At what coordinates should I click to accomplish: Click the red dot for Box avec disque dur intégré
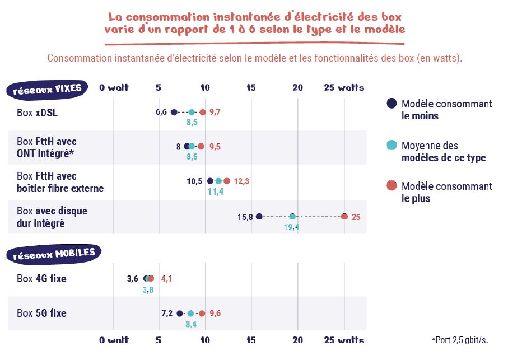(344, 217)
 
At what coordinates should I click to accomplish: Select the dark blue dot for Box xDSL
(174, 113)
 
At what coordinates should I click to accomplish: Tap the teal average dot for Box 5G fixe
(190, 314)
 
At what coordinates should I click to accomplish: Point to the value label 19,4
(292, 228)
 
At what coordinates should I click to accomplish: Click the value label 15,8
(245, 217)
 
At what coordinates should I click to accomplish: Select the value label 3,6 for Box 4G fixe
(132, 278)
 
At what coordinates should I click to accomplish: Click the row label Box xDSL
(38, 113)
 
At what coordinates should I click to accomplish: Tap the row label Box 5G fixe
(41, 314)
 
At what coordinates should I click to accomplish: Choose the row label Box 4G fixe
(41, 278)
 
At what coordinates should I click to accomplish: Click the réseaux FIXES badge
(47, 88)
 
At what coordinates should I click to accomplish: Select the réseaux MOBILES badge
(54, 254)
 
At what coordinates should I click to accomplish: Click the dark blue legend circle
(392, 104)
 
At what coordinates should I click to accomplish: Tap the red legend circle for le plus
(392, 186)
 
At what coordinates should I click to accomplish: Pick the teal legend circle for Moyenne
(392, 145)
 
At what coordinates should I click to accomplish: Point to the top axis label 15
(251, 87)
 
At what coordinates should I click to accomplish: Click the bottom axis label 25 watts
(344, 340)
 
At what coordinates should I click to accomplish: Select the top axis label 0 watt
(114, 87)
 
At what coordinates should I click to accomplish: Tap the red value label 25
(356, 217)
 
